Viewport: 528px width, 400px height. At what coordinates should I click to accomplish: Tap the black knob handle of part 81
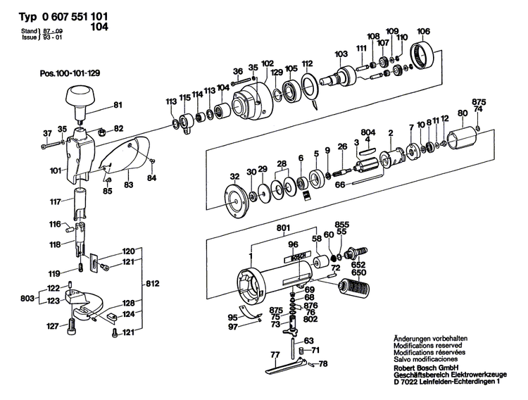(x=80, y=96)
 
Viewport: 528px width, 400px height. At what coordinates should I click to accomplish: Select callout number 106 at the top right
(x=423, y=30)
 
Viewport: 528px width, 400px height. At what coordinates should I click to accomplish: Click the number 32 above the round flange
(x=234, y=176)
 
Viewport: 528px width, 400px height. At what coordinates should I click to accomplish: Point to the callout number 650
(x=358, y=272)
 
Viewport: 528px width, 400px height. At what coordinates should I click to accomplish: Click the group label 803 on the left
(x=25, y=298)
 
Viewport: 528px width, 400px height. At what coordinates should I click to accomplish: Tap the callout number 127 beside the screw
(x=51, y=325)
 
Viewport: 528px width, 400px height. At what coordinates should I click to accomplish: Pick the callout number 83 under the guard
(x=128, y=185)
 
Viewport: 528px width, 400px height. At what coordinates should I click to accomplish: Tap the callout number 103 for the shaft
(x=341, y=54)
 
